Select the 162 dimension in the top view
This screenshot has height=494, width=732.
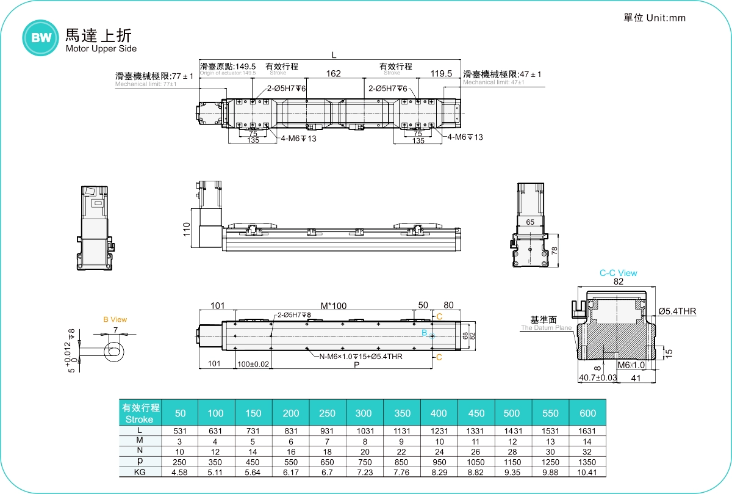[333, 74]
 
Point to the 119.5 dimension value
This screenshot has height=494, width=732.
[441, 74]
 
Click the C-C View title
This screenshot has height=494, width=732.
[618, 273]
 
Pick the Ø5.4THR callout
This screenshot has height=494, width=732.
[677, 311]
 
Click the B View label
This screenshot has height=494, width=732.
[115, 319]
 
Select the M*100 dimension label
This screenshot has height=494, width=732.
[333, 305]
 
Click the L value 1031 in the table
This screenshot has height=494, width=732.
[363, 430]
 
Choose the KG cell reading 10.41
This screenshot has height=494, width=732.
[587, 472]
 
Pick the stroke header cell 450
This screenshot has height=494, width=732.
[476, 413]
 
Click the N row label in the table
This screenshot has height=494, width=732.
[140, 451]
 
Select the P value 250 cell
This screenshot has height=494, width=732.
[180, 462]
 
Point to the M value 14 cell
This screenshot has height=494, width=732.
[587, 441]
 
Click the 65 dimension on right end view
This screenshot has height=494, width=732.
[530, 222]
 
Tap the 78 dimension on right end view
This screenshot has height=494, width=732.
[554, 250]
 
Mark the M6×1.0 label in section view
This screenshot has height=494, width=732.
[631, 365]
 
